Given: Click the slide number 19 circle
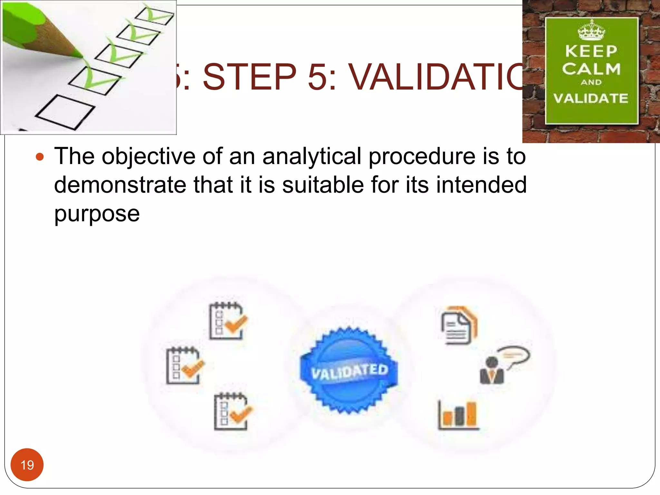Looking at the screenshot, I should pyautogui.click(x=27, y=465).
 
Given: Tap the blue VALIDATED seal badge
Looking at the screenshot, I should pyautogui.click(x=349, y=371).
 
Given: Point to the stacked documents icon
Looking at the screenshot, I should pyautogui.click(x=459, y=325).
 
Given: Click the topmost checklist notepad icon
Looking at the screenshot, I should pyautogui.click(x=228, y=321).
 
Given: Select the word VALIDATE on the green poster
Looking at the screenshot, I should pyautogui.click(x=591, y=98).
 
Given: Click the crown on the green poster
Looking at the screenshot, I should pyautogui.click(x=591, y=31).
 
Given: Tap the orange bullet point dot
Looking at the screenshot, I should pyautogui.click(x=40, y=157).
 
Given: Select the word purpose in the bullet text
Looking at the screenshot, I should pyautogui.click(x=97, y=214).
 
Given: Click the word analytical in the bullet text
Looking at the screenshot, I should pyautogui.click(x=312, y=157).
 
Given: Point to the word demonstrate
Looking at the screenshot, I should pyautogui.click(x=121, y=185).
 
